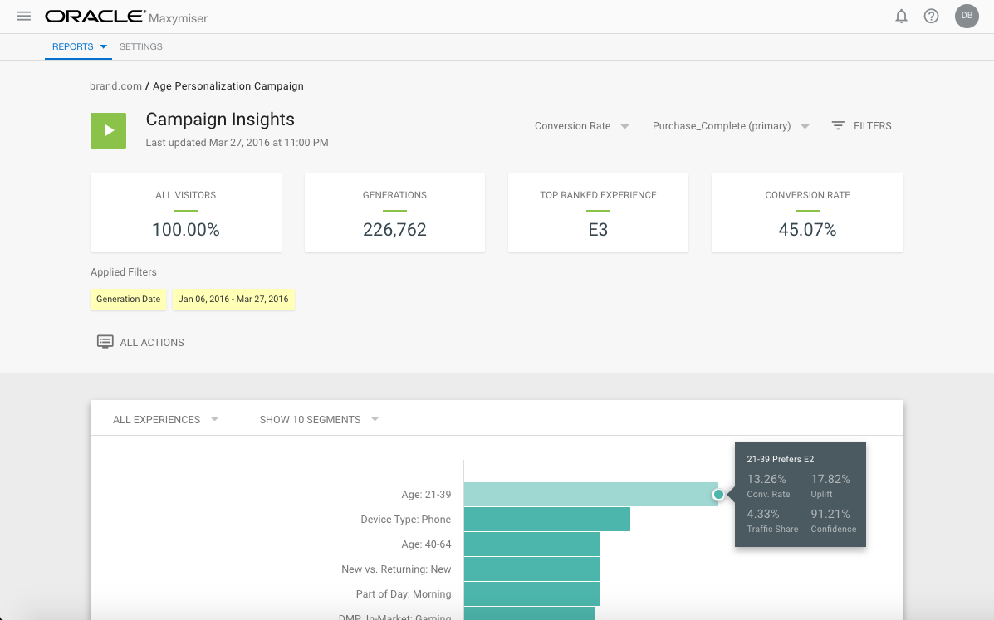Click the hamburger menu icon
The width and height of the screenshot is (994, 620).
pyautogui.click(x=24, y=17)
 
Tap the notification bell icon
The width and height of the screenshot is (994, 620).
pyautogui.click(x=901, y=17)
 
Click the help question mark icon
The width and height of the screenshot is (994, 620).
pyautogui.click(x=931, y=17)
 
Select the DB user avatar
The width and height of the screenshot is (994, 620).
pyautogui.click(x=967, y=16)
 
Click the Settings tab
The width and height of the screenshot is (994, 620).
pyautogui.click(x=141, y=47)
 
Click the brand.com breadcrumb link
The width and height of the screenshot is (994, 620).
pyautogui.click(x=115, y=86)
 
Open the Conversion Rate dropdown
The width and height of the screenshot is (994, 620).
pyautogui.click(x=581, y=126)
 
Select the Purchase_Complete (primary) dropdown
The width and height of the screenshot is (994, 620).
pyautogui.click(x=730, y=126)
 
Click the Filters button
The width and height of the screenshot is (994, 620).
pyautogui.click(x=862, y=126)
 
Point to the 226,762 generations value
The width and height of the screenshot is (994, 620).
pyautogui.click(x=394, y=230)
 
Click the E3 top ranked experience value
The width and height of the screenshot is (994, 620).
pyautogui.click(x=598, y=230)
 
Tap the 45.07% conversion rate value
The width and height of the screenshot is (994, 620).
pyautogui.click(x=807, y=230)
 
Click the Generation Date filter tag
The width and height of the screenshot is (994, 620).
pyautogui.click(x=128, y=300)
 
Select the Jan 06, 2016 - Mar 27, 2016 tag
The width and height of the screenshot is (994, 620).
pyautogui.click(x=233, y=300)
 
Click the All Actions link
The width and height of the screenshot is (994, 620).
pyautogui.click(x=141, y=342)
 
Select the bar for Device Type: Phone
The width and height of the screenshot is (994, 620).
pyautogui.click(x=546, y=520)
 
